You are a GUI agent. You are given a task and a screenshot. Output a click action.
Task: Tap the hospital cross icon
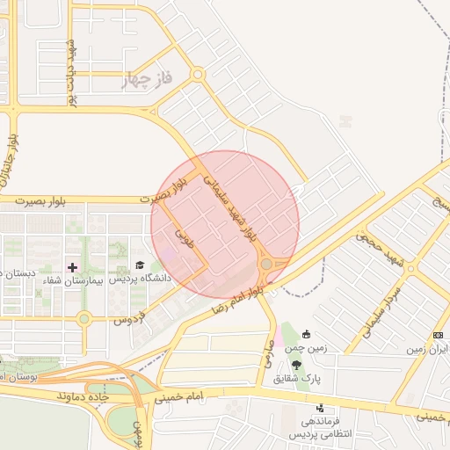pos(72,266)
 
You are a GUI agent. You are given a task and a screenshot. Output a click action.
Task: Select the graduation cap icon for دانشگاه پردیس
pos(139,265)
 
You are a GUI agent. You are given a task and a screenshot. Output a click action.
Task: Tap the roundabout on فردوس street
pos(84,318)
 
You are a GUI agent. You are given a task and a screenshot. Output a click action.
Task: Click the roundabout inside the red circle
pos(266,263)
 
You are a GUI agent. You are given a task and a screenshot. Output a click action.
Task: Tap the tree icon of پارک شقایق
pos(296,364)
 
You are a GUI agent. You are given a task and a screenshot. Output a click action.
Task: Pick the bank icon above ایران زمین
pos(438,336)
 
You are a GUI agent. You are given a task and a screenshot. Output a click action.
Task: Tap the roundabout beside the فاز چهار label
pos(198,76)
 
